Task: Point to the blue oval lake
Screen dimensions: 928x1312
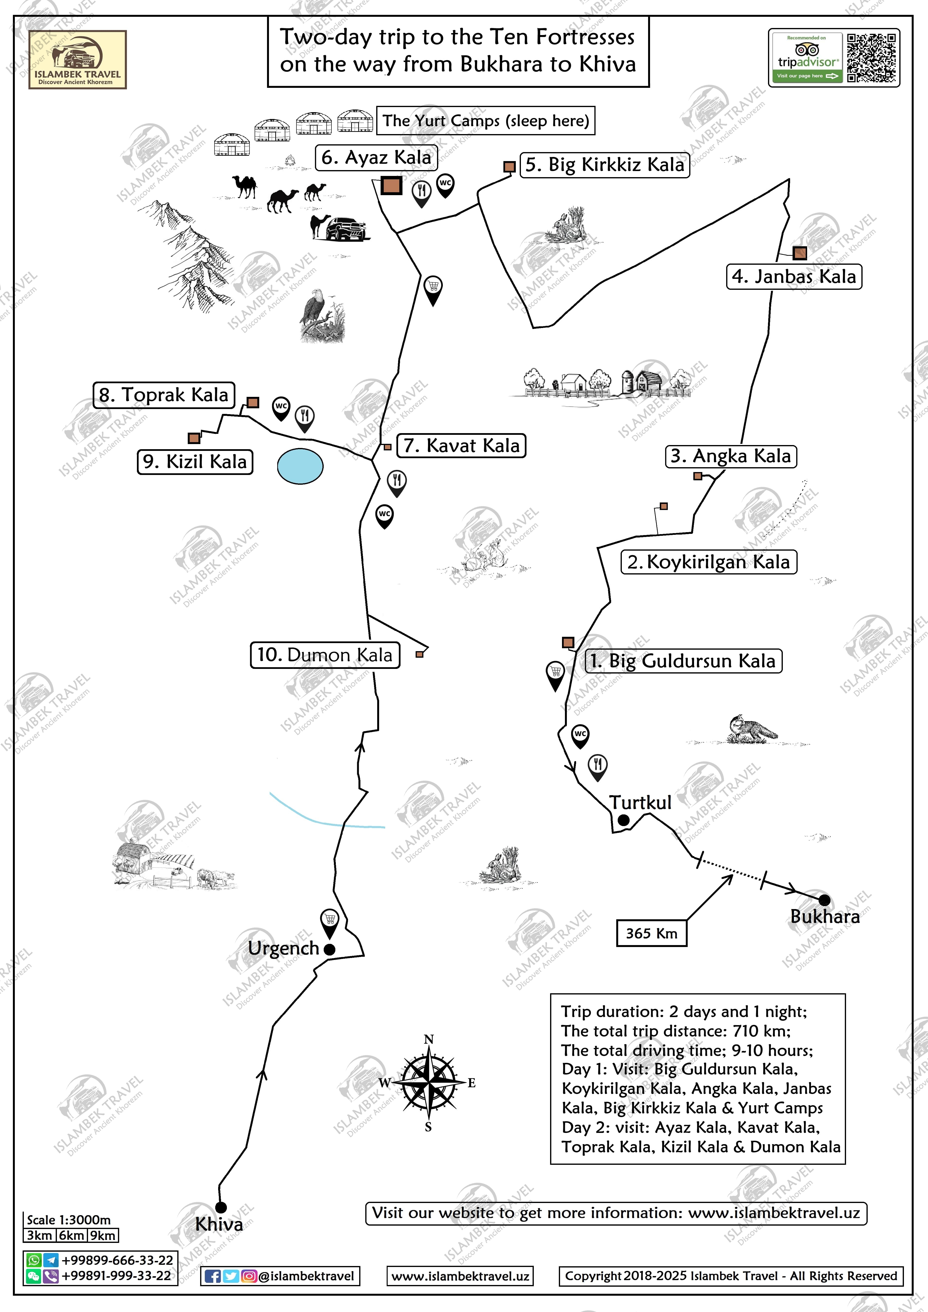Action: pyautogui.click(x=300, y=466)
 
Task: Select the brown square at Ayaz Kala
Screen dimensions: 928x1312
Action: pyautogui.click(x=392, y=186)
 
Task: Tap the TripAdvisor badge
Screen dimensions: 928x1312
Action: pyautogui.click(x=807, y=58)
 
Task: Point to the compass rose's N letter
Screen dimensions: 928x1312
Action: pyautogui.click(x=428, y=1039)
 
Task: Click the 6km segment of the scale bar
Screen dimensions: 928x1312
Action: pyautogui.click(x=72, y=1235)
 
